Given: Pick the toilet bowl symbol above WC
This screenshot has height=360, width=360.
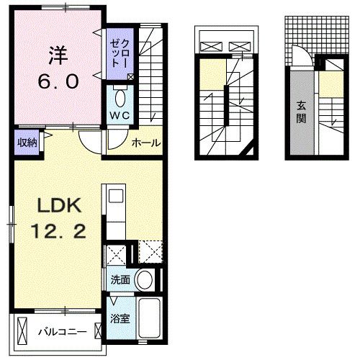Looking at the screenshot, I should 120,97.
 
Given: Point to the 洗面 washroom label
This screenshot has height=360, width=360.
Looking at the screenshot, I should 121,279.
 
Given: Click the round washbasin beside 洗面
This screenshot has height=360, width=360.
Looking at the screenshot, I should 145,279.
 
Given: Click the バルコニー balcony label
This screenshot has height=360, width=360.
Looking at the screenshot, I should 63,333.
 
